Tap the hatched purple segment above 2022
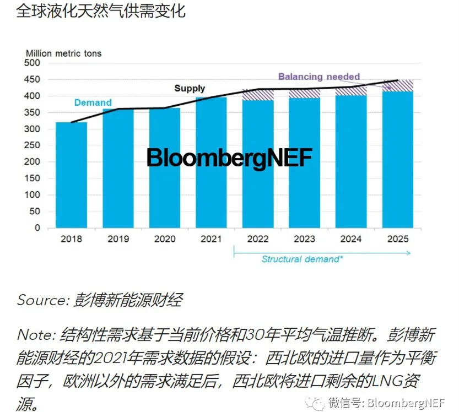click(x=257, y=95)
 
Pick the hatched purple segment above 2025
click(x=397, y=85)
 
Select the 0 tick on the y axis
click(x=37, y=227)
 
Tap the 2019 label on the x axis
click(x=118, y=239)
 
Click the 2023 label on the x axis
click(x=304, y=239)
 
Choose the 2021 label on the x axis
click(x=211, y=239)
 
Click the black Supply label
click(x=190, y=88)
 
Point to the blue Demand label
click(x=93, y=102)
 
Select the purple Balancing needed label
click(x=318, y=77)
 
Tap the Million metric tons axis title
click(x=64, y=53)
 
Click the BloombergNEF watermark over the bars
click(x=229, y=158)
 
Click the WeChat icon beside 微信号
click(x=318, y=402)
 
